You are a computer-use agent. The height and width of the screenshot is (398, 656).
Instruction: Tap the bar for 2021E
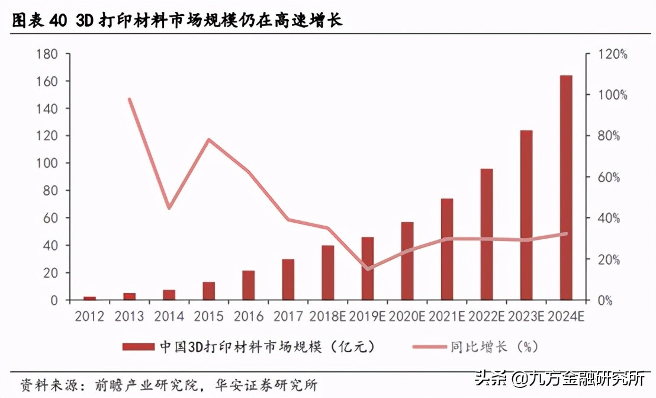tap(447, 249)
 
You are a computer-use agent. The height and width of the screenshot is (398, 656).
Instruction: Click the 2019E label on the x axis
tap(367, 316)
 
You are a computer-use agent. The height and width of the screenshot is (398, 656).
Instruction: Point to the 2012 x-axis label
tap(89, 316)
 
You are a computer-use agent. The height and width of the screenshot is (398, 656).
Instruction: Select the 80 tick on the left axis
tap(51, 191)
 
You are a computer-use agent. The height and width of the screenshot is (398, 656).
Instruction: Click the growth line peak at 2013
tap(129, 99)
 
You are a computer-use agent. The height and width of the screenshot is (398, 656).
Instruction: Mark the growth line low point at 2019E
tap(368, 269)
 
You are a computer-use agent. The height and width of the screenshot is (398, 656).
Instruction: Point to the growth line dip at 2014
tap(169, 208)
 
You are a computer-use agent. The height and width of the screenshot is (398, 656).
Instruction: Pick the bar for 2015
tap(209, 291)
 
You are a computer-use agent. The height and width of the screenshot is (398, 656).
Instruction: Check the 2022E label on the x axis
tap(487, 316)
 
